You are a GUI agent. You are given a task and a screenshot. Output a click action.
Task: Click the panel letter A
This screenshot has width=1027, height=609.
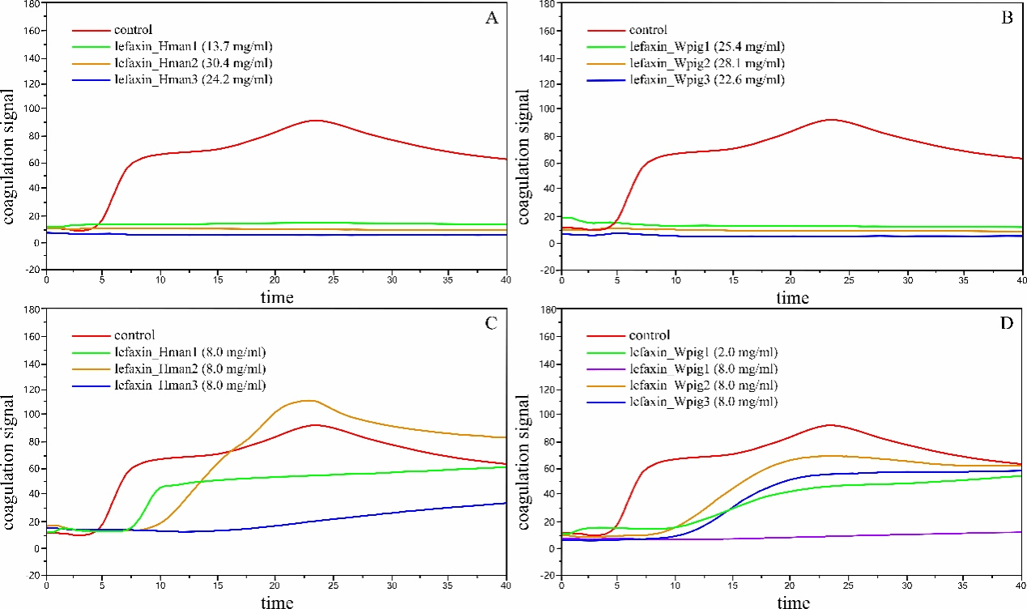tap(491, 20)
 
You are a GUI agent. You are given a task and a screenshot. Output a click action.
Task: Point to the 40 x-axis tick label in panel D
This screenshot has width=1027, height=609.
tap(1018, 586)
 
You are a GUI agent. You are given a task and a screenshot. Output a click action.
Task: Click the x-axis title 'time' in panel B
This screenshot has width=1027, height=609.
tap(791, 298)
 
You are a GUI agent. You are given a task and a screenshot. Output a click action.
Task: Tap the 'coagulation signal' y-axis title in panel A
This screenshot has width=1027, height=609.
tap(10, 135)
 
